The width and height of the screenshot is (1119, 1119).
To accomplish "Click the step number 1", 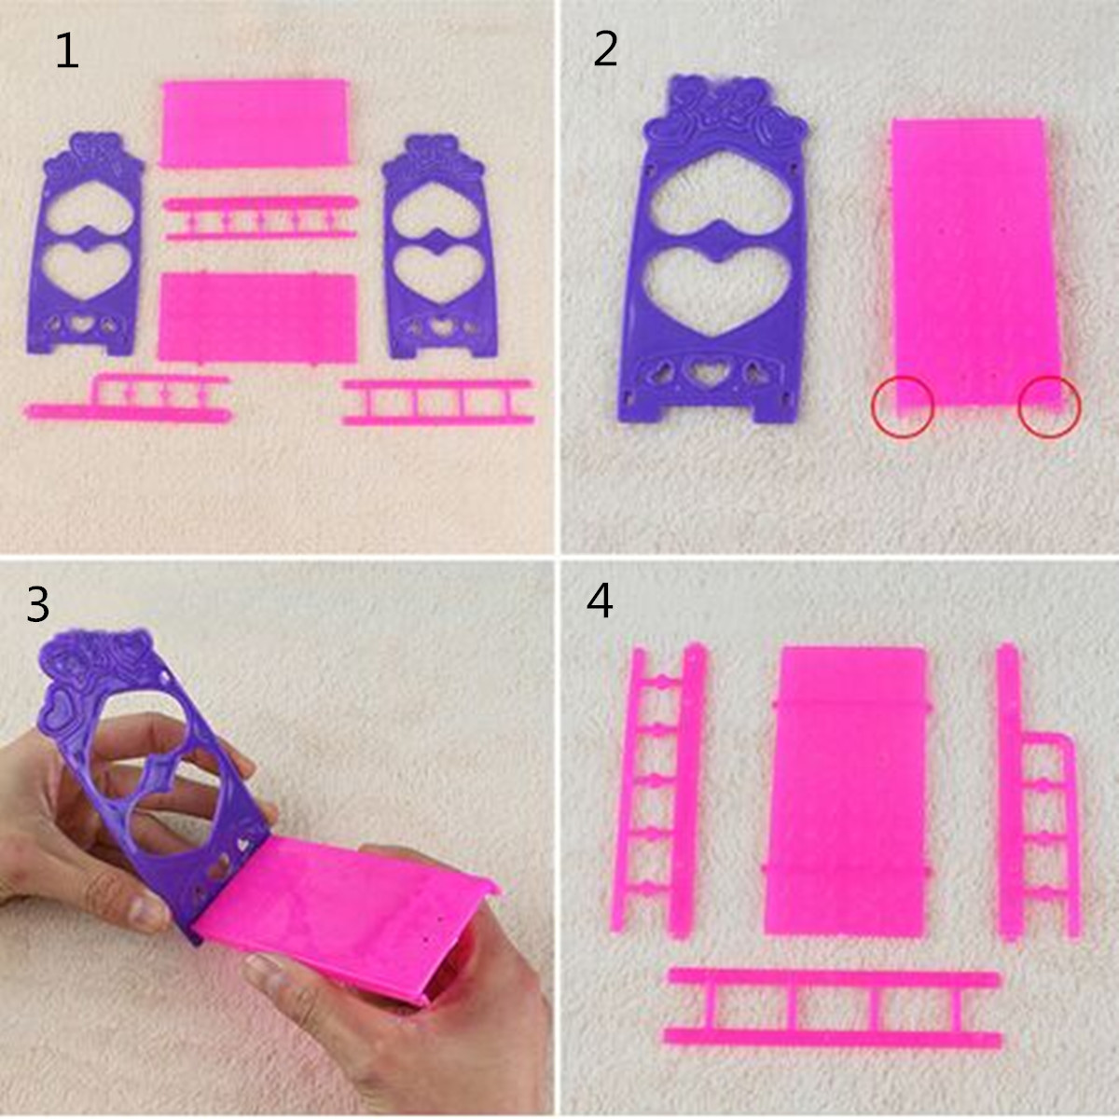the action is coord(67,51).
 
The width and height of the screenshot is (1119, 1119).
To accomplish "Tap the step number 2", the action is coord(605,50).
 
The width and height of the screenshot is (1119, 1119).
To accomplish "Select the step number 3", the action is coord(37,604).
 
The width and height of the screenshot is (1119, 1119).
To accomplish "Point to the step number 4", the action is coord(600,601).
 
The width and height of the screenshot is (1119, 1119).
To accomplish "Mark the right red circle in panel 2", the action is coord(1049,407).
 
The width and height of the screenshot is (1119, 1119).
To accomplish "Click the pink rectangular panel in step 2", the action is coord(976,264).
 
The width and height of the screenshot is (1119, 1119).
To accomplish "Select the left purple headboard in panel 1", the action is coord(85,244).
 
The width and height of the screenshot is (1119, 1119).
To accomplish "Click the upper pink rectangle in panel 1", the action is coord(255,123).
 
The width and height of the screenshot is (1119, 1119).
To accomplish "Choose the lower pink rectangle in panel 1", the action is coord(257,318).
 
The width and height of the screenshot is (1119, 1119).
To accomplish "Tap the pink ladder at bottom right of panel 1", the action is coord(438,402).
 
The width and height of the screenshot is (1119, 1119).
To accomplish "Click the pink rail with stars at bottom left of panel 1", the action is coord(128,399).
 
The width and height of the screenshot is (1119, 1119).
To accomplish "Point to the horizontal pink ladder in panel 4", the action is coord(834,1010).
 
